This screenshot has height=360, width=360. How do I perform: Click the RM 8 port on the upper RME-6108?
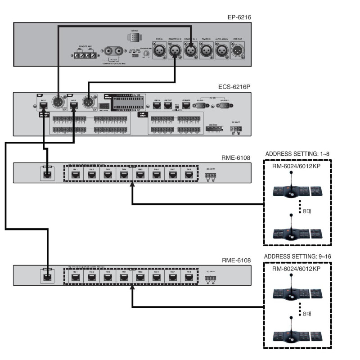188,174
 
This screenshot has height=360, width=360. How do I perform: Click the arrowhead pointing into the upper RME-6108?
132,184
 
